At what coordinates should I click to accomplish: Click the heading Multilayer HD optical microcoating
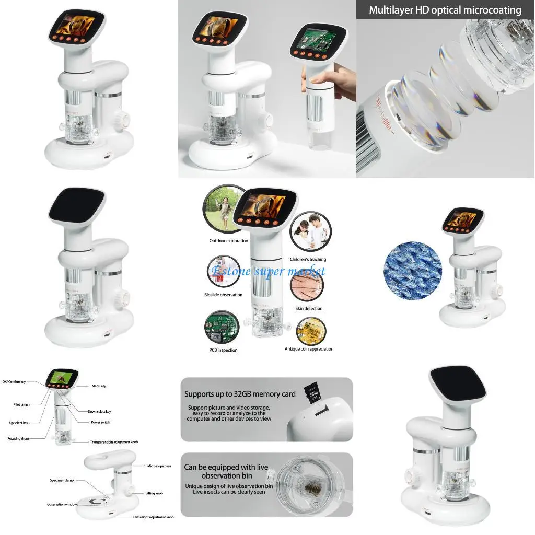click(445, 10)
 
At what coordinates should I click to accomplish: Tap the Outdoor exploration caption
click(229, 241)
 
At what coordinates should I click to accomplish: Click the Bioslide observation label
click(223, 295)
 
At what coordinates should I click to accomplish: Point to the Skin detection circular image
click(307, 286)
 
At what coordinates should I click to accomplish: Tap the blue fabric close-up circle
click(412, 271)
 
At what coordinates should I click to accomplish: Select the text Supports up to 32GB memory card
click(240, 394)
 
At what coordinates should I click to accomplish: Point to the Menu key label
click(99, 386)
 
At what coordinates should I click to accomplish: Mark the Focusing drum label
click(18, 438)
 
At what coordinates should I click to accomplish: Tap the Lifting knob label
click(155, 493)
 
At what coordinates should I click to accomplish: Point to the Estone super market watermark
click(267, 271)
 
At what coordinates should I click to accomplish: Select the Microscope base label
click(159, 466)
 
